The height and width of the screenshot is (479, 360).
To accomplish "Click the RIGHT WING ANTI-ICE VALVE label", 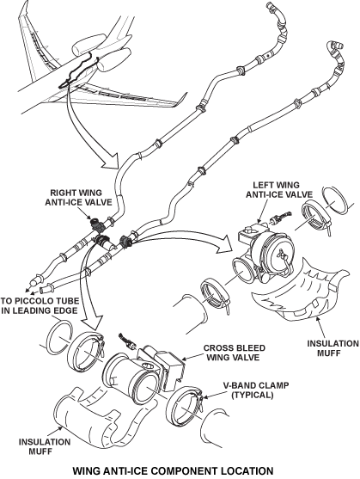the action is (79, 197).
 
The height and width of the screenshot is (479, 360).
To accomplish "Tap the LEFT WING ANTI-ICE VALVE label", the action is (279, 190).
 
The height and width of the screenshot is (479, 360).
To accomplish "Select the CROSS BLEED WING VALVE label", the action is (234, 353).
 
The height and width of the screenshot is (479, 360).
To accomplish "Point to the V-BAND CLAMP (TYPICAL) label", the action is (256, 390).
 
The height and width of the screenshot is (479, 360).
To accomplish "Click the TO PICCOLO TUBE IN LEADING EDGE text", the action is (40, 305).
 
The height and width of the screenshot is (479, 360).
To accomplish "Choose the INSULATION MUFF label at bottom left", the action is (45, 446).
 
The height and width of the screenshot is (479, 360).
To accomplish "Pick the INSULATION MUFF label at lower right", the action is (333, 348).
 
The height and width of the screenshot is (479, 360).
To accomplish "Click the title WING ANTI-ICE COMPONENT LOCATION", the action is (173, 470).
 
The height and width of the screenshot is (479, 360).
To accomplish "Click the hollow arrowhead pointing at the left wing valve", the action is (223, 244).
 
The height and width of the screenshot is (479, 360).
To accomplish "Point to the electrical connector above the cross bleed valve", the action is (127, 341).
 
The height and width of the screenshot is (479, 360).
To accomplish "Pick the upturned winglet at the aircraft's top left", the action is (24, 19).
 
